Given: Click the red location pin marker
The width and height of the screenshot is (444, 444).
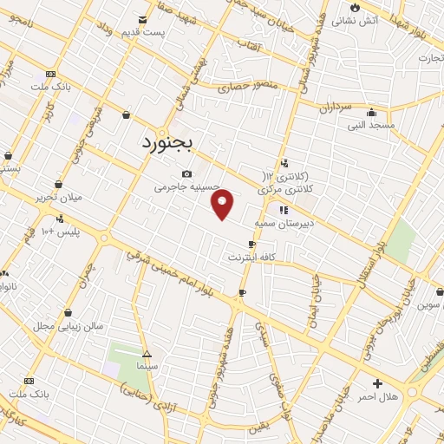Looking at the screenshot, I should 223,204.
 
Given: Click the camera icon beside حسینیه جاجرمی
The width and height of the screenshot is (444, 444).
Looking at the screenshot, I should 186,173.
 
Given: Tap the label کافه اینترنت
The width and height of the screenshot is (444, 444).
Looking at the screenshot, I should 251,258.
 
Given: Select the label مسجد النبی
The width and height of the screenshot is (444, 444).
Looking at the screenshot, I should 371,125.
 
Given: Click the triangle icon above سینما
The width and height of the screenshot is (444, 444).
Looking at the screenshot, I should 147,354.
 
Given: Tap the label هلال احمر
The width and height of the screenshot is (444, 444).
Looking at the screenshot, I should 377,395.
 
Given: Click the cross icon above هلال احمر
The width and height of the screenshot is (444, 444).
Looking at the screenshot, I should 377,382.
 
